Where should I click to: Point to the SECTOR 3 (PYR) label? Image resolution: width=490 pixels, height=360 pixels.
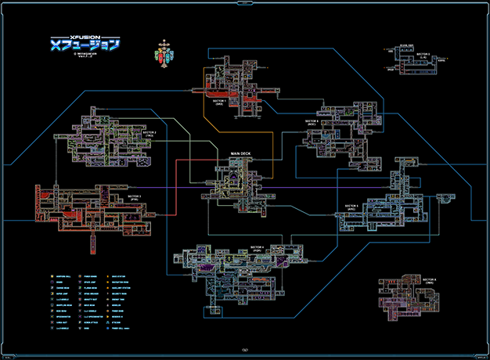(x=135, y=199)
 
